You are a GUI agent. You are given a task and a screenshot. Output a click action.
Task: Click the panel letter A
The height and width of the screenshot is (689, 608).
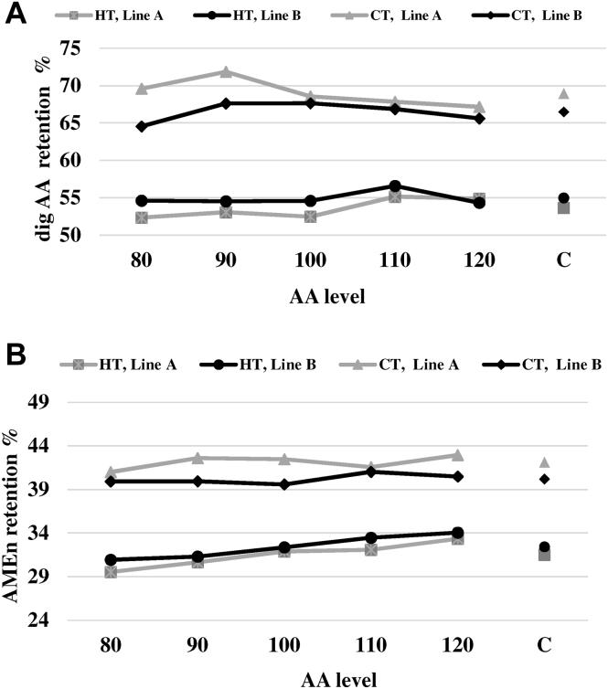pyautogui.click(x=15, y=16)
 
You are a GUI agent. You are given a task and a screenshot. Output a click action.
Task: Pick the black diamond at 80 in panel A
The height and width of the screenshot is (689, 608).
pyautogui.click(x=141, y=126)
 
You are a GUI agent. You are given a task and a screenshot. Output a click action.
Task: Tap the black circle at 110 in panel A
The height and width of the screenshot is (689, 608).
pyautogui.click(x=395, y=186)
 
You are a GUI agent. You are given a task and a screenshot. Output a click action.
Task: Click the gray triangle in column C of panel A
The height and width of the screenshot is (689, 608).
pyautogui.click(x=564, y=93)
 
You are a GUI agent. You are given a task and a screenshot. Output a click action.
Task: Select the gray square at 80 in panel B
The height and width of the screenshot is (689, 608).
pyautogui.click(x=111, y=572)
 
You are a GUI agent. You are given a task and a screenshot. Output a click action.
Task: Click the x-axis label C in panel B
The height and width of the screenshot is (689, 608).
pyautogui.click(x=544, y=645)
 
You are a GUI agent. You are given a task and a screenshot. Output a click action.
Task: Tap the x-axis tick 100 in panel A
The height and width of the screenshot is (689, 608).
pyautogui.click(x=311, y=260)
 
